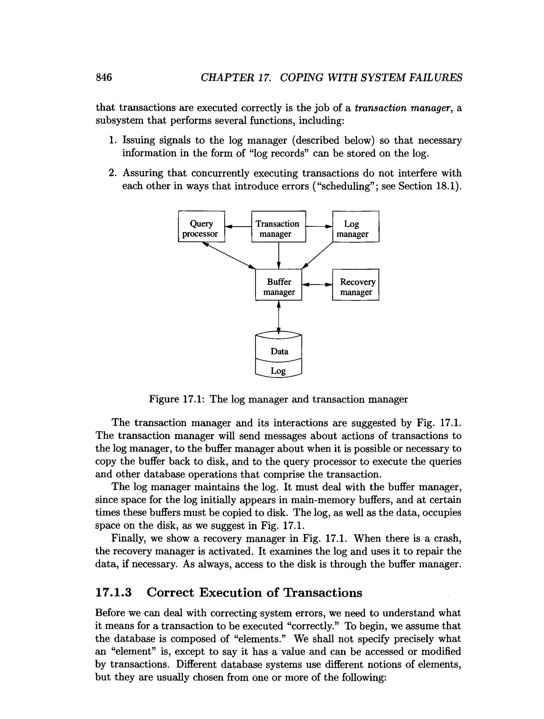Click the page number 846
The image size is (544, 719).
tap(104, 77)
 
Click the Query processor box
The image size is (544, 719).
tap(201, 227)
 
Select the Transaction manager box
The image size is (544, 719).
tap(278, 227)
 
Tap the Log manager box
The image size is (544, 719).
tap(355, 227)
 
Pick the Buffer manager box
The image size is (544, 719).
tap(278, 285)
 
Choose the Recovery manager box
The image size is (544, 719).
tap(355, 285)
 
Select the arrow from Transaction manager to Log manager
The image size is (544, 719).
tap(319, 226)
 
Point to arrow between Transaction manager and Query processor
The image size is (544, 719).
tap(238, 226)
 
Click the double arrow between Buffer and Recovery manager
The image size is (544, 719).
tap(317, 285)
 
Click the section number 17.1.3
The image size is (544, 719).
tap(113, 592)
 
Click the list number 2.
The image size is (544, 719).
tap(112, 173)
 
